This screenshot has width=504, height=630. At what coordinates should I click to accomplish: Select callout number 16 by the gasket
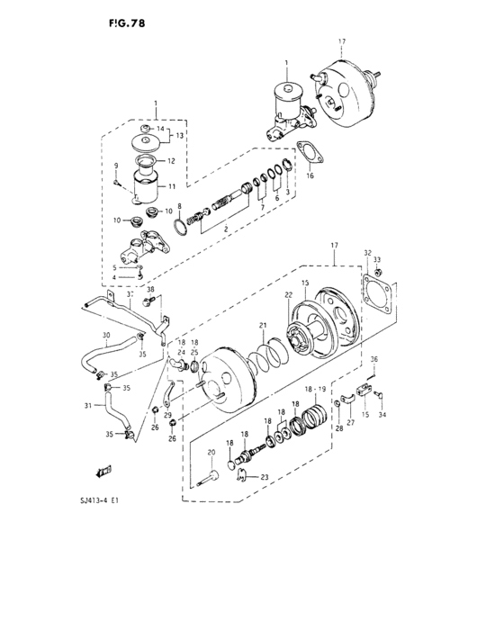309,177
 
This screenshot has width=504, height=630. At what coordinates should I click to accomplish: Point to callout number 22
289,294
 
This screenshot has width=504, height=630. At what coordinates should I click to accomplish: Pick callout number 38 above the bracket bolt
150,290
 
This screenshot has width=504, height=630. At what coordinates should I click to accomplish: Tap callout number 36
374,359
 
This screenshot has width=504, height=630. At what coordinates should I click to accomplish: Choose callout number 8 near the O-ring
179,206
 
